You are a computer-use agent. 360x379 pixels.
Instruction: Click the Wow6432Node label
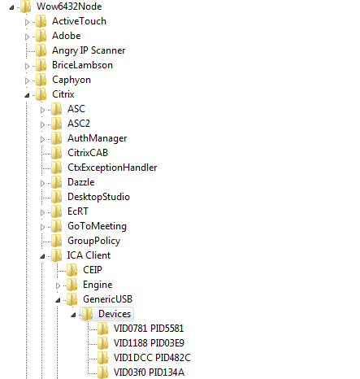[x=69, y=7]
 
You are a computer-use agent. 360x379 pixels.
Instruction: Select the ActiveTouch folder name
[x=79, y=21]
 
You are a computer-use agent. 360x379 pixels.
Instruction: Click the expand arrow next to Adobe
[x=27, y=37]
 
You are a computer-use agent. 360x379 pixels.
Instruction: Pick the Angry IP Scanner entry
[x=89, y=50]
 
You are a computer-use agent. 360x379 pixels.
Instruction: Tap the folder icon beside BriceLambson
[x=41, y=65]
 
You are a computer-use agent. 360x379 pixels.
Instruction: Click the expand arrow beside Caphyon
[x=27, y=81]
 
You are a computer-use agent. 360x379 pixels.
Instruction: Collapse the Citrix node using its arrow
[x=27, y=95]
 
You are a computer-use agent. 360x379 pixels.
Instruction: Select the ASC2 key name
[x=79, y=124]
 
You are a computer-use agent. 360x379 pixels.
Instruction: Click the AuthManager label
[x=98, y=138]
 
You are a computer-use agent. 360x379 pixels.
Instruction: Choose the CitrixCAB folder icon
[x=57, y=153]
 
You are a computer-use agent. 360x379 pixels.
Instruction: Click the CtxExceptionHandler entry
[x=112, y=168]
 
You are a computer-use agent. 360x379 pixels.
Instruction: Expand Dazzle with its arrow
[x=42, y=183]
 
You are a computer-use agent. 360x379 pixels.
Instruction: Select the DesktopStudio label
[x=98, y=197]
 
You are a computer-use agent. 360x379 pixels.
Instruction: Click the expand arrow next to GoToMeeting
[x=42, y=227]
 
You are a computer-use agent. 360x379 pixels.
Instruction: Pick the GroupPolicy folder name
[x=93, y=241]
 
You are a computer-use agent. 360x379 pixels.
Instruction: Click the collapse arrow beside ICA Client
[x=42, y=256]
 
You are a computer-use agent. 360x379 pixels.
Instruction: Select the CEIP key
[x=93, y=270]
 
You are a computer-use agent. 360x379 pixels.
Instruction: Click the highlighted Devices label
[x=115, y=314]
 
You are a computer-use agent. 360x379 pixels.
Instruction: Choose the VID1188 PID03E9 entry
[x=149, y=343]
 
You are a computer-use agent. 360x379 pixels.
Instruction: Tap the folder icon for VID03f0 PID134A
[x=103, y=372]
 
